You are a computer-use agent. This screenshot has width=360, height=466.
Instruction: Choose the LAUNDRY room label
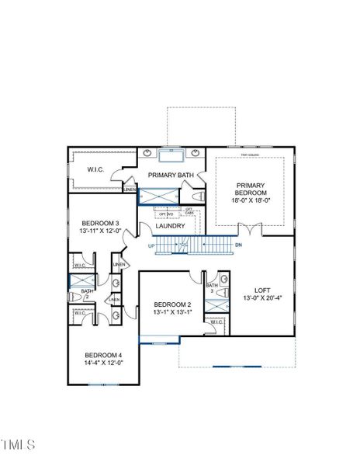[170, 226]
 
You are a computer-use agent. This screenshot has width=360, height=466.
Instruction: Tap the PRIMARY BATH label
[171, 176]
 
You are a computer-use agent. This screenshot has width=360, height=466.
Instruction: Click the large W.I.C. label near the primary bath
[95, 170]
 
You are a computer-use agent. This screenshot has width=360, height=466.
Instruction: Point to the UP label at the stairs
[151, 246]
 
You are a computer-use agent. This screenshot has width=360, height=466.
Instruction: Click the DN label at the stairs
[239, 246]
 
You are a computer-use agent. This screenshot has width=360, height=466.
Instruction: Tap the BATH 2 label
[87, 294]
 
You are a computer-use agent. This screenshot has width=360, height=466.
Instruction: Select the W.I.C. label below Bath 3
[216, 322]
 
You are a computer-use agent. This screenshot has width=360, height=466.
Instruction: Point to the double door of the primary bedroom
[248, 229]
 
